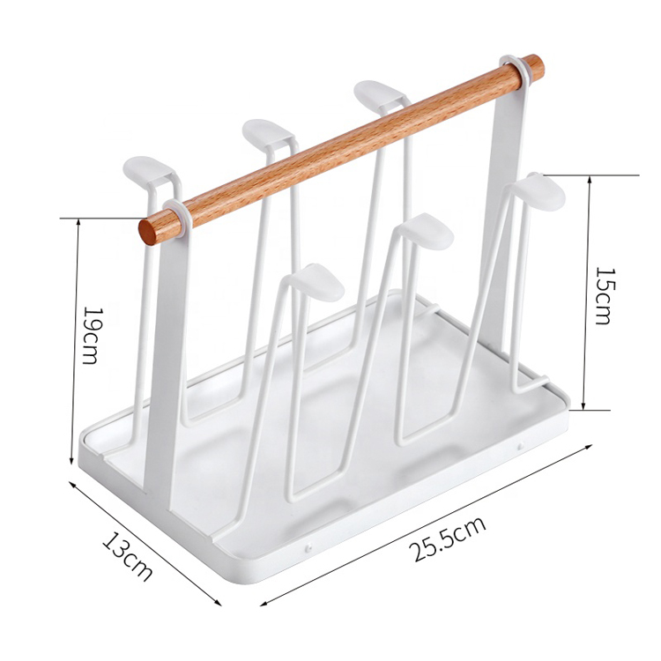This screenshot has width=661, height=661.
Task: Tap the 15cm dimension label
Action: click(602, 295)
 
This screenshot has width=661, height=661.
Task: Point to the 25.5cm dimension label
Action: click(447, 539)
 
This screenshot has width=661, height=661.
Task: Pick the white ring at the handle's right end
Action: click(511, 72)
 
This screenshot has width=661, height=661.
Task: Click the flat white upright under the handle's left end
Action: click(165, 353)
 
